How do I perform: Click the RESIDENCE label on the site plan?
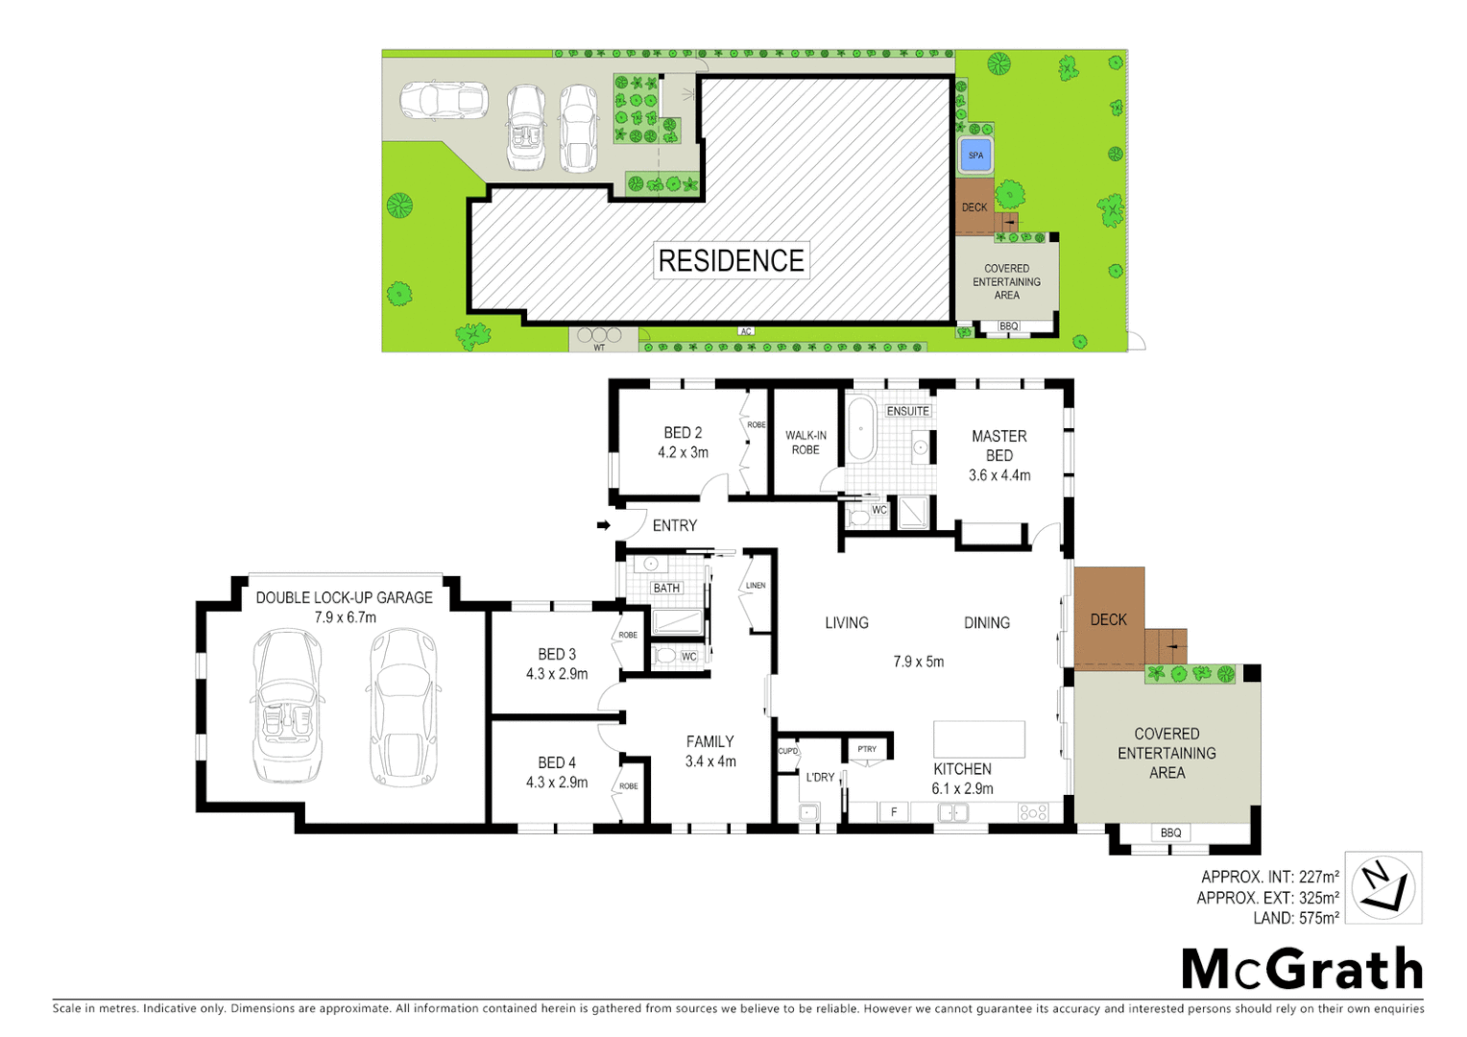click(731, 260)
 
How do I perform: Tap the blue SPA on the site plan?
click(975, 156)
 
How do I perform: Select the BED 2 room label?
click(683, 433)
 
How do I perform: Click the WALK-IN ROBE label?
click(806, 443)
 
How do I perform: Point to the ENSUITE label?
click(907, 411)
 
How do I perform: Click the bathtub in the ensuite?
click(860, 429)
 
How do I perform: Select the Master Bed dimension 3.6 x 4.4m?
click(998, 475)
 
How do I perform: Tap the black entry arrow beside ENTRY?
click(603, 525)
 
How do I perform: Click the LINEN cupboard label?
click(756, 585)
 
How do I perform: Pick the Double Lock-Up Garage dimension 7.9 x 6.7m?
click(345, 617)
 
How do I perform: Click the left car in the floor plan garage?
click(287, 706)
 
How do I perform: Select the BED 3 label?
click(557, 654)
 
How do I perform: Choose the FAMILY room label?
click(709, 741)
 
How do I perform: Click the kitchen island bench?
click(978, 739)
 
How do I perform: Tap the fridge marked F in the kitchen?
click(893, 812)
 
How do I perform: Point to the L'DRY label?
click(820, 777)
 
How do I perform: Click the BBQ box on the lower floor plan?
click(1170, 832)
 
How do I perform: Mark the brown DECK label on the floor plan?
click(1108, 620)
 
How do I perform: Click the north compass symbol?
click(1383, 887)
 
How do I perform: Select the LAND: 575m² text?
click(1295, 919)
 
